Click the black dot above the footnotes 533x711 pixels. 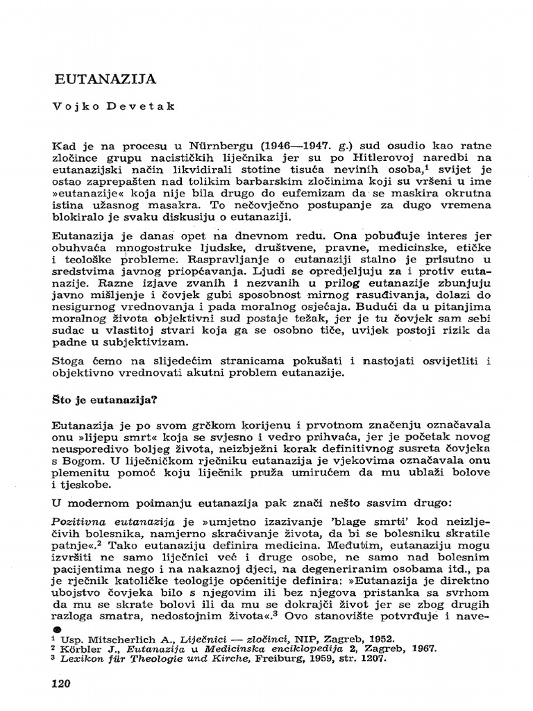pos(58,628)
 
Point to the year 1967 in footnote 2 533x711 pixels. pos(421,650)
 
